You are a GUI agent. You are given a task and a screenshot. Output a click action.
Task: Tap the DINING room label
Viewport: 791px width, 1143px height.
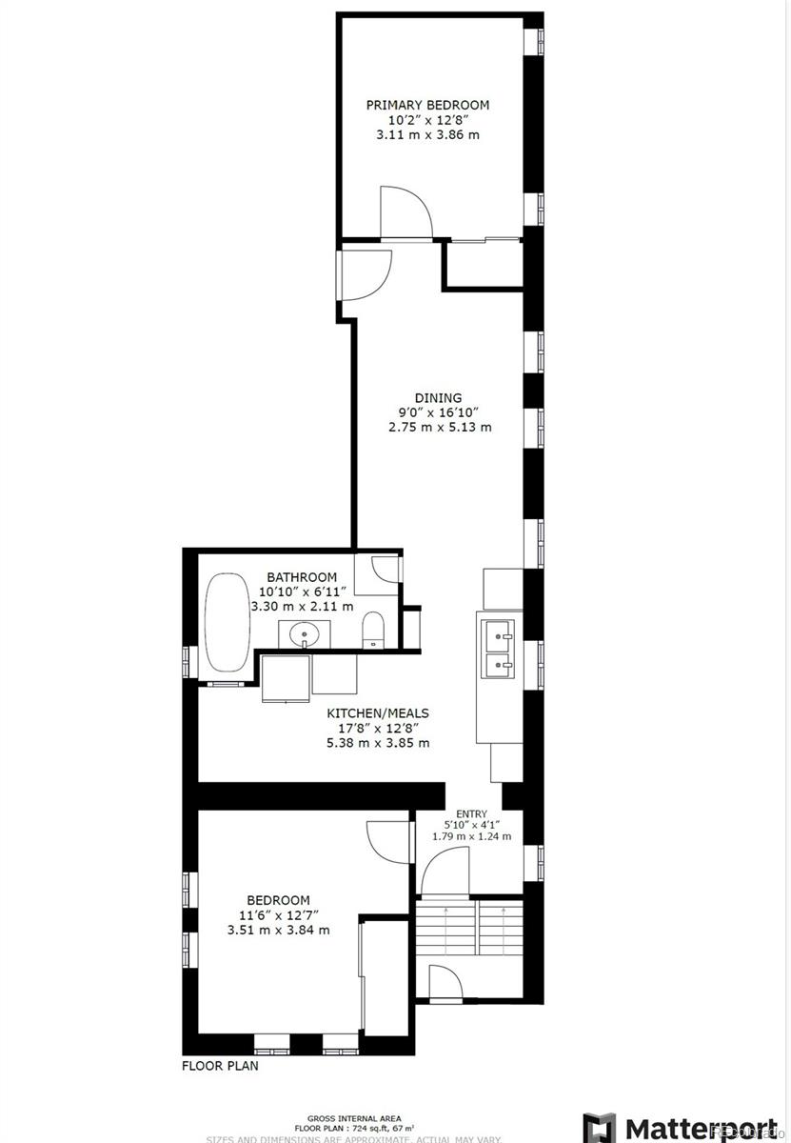(438, 398)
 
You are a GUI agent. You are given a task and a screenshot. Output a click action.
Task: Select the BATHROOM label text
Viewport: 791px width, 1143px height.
(301, 577)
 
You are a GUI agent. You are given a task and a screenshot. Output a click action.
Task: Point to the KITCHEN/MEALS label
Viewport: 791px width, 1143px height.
(378, 712)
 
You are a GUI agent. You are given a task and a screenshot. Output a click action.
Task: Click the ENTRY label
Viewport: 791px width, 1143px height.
(470, 812)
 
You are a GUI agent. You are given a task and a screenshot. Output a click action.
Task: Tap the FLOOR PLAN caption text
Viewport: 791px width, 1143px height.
(220, 1066)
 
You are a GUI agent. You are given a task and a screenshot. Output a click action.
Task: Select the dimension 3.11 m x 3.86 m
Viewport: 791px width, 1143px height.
(427, 135)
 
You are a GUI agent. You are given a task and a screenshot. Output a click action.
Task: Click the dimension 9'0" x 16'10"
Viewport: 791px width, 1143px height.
(439, 412)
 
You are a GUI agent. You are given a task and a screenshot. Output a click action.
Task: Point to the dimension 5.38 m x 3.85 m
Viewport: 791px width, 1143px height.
(378, 742)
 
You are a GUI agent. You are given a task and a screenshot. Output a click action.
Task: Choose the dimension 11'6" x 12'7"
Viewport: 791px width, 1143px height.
(278, 915)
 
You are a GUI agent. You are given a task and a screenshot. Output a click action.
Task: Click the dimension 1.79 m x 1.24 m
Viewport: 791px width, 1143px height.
(470, 836)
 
